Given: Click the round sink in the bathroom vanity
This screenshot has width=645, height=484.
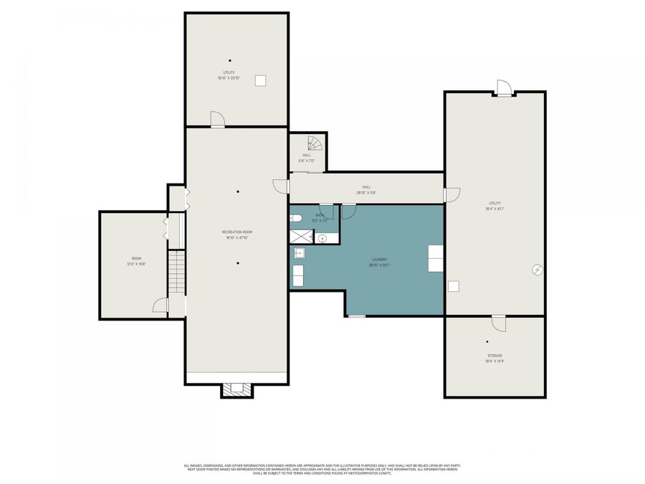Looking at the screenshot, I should pos(322,238).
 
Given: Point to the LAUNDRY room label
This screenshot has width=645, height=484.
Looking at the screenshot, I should pos(379,259).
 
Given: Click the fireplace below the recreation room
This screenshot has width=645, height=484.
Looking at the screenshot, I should pos(236,389).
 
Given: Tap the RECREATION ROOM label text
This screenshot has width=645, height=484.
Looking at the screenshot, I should pos(236,232).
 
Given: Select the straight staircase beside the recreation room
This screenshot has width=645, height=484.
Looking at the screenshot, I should pos(177,271).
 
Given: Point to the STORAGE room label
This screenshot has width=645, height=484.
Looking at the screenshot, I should pos(494,356).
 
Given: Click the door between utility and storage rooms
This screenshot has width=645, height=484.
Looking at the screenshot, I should pos(499,323).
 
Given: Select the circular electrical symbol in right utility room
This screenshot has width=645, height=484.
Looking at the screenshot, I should pos(537,270).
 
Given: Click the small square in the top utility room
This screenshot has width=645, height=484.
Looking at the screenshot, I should pos(262,80).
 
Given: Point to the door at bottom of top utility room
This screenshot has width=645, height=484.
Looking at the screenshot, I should pos(217,120).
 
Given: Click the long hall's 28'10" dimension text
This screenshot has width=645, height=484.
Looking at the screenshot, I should pos(366,192).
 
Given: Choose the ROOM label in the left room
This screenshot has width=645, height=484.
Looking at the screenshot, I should pos(136,258).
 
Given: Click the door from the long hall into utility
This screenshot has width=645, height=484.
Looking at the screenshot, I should pos(451,194).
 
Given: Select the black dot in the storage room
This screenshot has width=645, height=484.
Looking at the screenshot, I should pos(487,342).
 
